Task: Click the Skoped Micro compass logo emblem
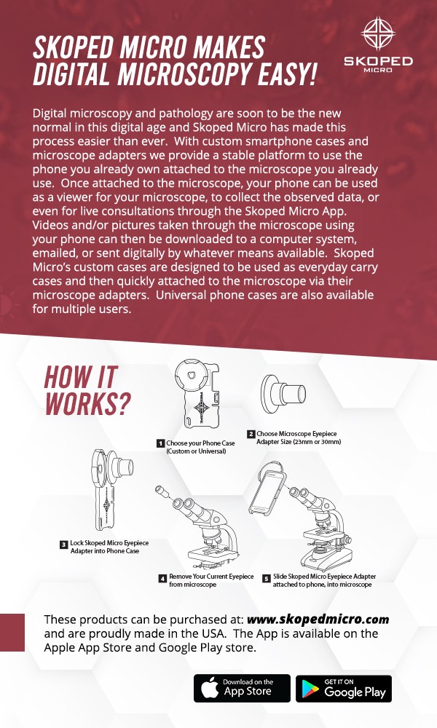click(378, 33)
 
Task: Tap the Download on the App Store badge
click(242, 688)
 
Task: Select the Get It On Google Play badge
click(344, 688)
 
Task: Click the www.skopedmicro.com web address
click(318, 620)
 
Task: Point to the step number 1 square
click(161, 443)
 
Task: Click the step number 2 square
click(251, 434)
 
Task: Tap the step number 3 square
click(64, 544)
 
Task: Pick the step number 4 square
click(162, 578)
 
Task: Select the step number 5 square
click(266, 578)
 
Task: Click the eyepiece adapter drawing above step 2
click(283, 395)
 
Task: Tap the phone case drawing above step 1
click(197, 393)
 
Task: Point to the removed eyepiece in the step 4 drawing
click(163, 491)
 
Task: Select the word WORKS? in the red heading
click(88, 403)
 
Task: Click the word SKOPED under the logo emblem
click(378, 61)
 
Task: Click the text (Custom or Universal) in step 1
click(197, 451)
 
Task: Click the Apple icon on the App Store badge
click(210, 688)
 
